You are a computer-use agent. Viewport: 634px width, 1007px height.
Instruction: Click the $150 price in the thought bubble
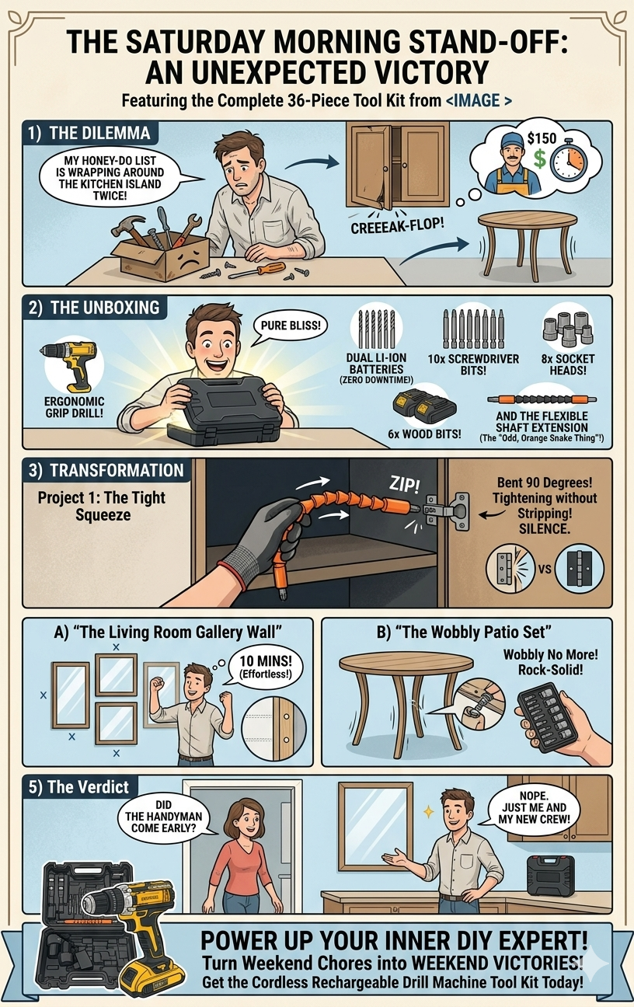coord(542,138)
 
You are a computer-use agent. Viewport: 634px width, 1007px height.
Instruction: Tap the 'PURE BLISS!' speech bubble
coord(290,326)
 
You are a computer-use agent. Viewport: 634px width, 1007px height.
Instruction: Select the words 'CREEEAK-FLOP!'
coord(397,225)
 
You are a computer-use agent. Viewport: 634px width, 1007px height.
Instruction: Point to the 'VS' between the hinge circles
coord(545,569)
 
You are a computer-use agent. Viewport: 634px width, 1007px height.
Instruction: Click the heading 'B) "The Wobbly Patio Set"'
coord(464,632)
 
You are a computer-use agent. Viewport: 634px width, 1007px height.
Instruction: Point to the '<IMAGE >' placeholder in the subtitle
coord(479,99)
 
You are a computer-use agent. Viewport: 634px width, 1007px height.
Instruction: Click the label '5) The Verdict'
coord(78,786)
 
